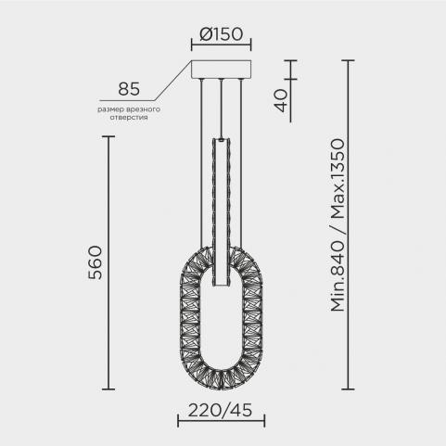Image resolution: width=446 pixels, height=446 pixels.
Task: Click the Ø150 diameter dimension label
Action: (x=222, y=34)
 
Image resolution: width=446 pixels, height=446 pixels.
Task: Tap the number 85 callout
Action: (x=129, y=89)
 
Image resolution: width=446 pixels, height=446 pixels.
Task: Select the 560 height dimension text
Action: (x=95, y=262)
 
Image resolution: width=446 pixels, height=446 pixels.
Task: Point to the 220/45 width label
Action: (x=220, y=411)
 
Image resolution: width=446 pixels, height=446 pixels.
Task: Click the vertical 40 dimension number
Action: (x=281, y=100)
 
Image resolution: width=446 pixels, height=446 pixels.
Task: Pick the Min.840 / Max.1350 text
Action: (x=338, y=225)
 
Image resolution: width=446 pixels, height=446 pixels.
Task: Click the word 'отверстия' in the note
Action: (x=129, y=118)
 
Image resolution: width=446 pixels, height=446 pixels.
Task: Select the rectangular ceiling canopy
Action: (x=222, y=70)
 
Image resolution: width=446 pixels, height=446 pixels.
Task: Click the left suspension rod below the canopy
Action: (x=201, y=163)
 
